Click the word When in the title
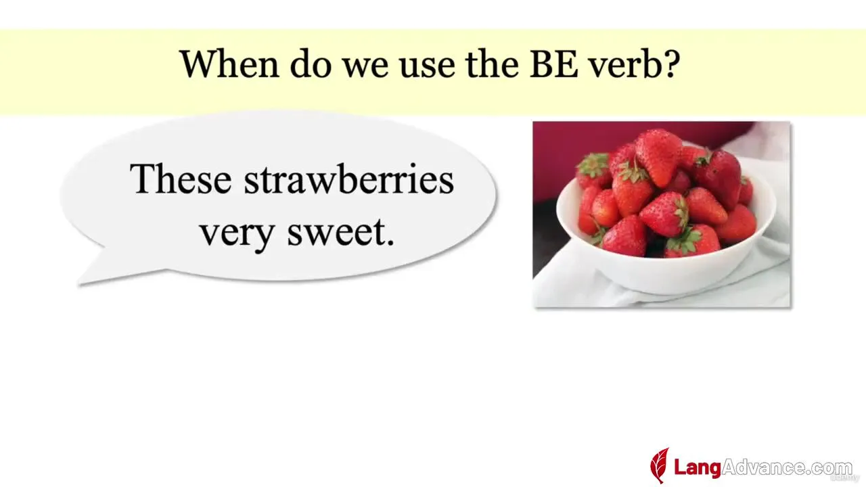[x=229, y=64]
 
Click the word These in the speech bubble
[x=181, y=179]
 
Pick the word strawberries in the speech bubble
[x=348, y=179]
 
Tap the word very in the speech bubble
[x=237, y=234]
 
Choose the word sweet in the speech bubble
[x=336, y=232]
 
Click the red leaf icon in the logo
[x=660, y=465]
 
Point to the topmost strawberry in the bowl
[x=658, y=156]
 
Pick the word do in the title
[x=311, y=64]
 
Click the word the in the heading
[x=492, y=64]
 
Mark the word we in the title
[x=365, y=68]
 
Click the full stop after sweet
[x=390, y=243]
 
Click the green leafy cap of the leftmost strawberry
[x=592, y=164]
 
